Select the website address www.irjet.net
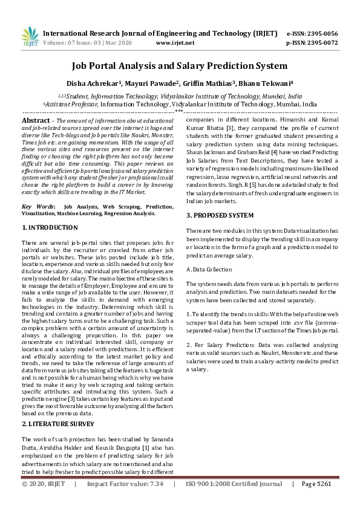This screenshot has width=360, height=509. tap(175, 43)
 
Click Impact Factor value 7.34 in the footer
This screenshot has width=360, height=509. tap(125, 501)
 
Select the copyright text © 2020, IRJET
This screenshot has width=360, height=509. tap(43, 501)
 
